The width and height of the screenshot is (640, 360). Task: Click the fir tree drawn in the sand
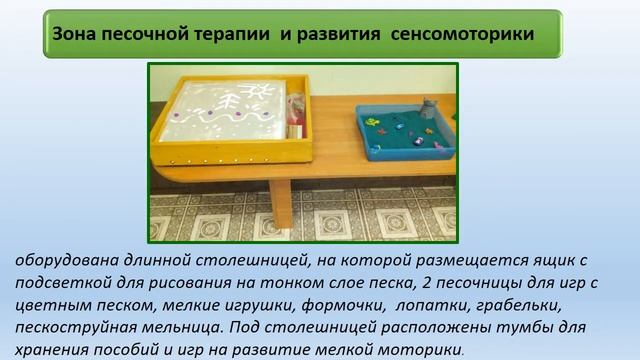tap(231, 104)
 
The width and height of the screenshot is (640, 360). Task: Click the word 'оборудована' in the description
tap(63, 261)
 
